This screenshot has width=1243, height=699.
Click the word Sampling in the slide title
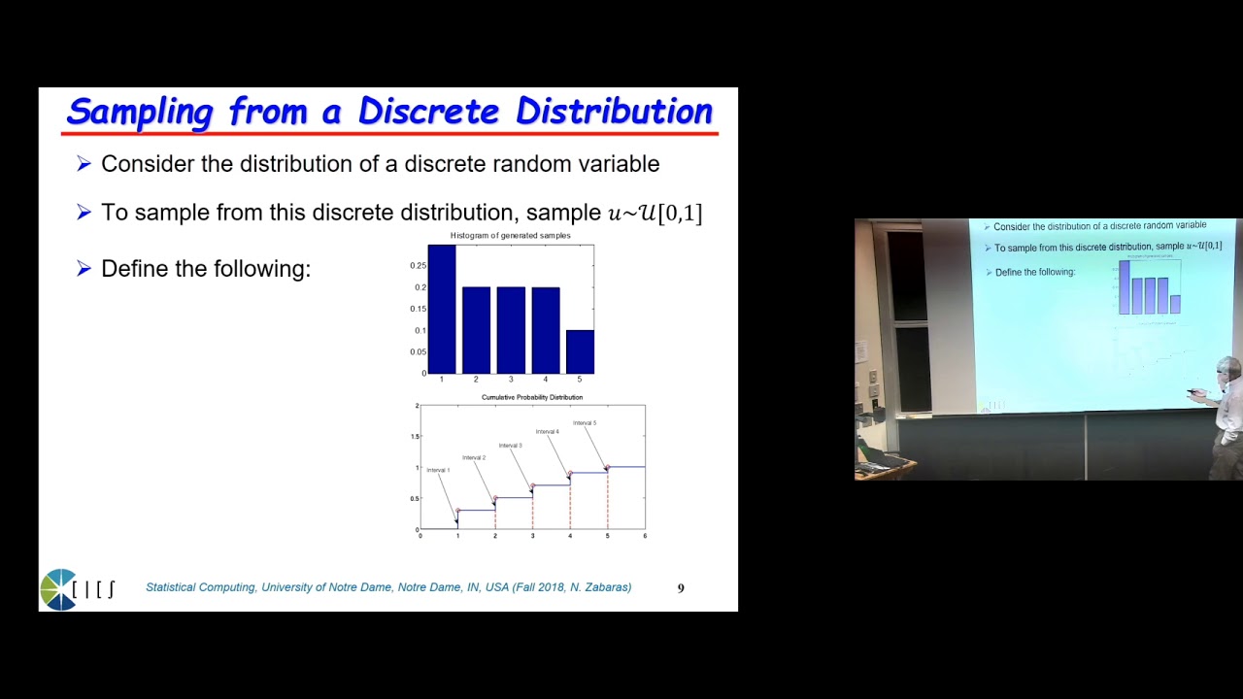coord(140,112)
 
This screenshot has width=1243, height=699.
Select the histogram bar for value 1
coord(442,309)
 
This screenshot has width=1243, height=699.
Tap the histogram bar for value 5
coord(580,351)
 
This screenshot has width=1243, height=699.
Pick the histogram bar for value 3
coord(511,330)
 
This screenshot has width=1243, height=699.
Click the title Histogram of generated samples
coord(511,236)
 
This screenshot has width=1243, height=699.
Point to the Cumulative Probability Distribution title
coord(532,397)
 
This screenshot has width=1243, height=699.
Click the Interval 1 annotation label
coord(438,470)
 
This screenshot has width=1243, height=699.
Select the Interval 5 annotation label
coord(585,423)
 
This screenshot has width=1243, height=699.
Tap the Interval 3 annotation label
coord(511,446)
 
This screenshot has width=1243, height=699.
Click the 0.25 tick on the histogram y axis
coord(418,265)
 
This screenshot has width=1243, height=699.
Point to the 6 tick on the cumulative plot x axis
coord(645,536)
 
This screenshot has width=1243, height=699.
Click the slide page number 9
coord(681,588)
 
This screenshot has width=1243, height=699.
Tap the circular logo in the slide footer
coord(58,589)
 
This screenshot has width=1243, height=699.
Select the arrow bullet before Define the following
coord(84,269)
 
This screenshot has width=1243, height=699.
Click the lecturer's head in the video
coord(1228,369)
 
